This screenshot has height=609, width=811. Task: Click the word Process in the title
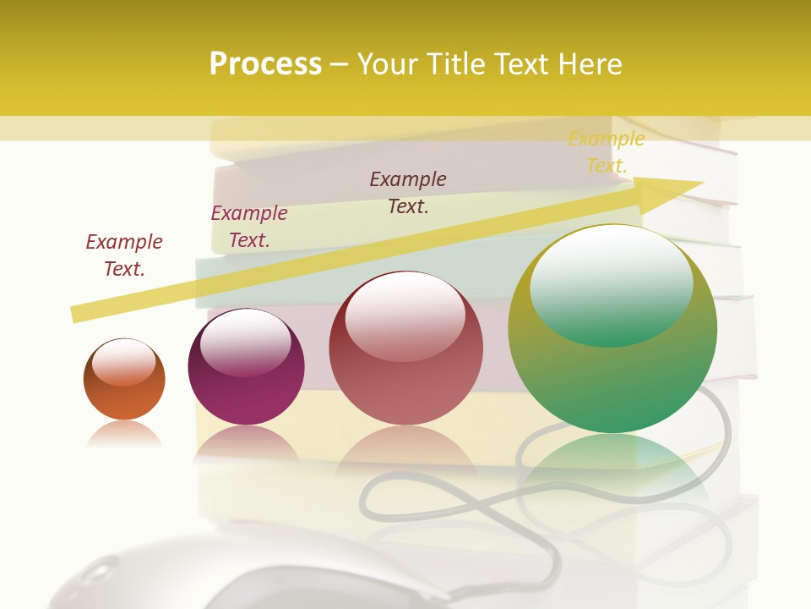coord(265,64)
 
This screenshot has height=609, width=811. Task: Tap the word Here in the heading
coord(588,64)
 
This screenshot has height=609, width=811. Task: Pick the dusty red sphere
coord(405,348)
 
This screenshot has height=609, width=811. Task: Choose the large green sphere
coord(612,330)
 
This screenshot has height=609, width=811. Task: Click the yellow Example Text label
coord(606,152)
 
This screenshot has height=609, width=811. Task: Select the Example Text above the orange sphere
coord(124,255)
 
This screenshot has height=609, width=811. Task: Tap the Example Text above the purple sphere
coord(249,226)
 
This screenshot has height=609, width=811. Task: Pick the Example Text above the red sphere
coord(408,192)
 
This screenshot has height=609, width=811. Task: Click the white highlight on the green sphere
coord(611,275)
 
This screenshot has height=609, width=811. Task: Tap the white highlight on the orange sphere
coord(123,361)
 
